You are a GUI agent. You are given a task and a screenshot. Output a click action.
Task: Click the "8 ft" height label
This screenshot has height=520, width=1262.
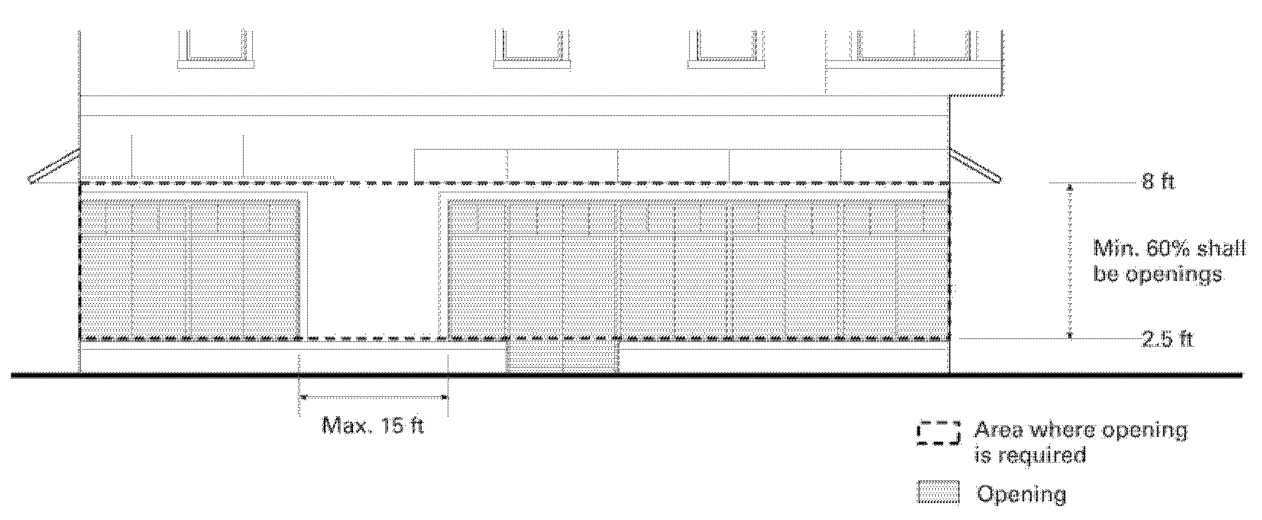click(x=1157, y=182)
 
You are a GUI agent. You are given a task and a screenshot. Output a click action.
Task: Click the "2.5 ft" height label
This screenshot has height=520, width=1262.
click(x=1167, y=339)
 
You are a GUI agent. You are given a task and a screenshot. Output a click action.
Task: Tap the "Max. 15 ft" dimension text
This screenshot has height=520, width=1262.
click(x=372, y=425)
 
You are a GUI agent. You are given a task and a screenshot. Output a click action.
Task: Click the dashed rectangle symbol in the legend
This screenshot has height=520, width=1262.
click(x=937, y=433)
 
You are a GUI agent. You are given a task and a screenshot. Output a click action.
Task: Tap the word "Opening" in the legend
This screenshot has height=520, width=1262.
click(x=1021, y=494)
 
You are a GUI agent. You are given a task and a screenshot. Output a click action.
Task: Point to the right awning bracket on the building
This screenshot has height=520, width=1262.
click(x=976, y=167)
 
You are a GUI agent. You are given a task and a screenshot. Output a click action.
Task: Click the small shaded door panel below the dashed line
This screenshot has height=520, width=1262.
click(x=563, y=356)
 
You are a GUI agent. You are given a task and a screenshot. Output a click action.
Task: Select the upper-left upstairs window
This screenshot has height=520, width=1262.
click(x=216, y=46)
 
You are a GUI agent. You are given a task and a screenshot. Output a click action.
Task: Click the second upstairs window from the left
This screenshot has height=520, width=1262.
click(x=532, y=46)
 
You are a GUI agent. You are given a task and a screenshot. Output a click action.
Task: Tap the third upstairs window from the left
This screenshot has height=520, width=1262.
click(x=726, y=46)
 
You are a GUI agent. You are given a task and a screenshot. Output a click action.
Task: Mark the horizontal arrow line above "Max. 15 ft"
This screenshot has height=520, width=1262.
click(x=374, y=396)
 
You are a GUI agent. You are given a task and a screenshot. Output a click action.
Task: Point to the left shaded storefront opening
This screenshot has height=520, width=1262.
click(x=189, y=267)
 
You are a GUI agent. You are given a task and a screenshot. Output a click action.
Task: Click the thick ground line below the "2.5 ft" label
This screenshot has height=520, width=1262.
click(x=1167, y=375)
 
